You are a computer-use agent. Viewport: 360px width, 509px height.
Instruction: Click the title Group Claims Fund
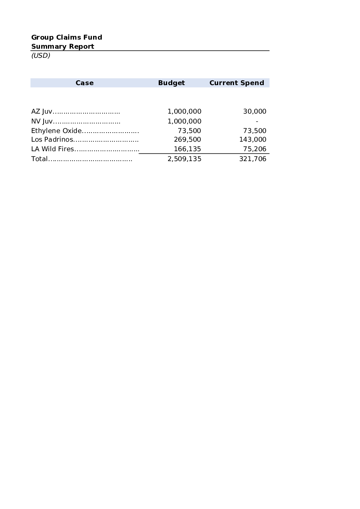(67, 37)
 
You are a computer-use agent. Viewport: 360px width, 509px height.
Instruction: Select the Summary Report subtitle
(63, 46)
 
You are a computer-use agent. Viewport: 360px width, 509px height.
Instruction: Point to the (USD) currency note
(41, 55)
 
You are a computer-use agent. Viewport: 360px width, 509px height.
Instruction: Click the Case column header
(84, 83)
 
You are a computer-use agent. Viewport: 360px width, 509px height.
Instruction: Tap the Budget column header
(171, 83)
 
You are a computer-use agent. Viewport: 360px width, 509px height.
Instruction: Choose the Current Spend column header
(236, 83)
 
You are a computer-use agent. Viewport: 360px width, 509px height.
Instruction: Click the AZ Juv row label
(42, 112)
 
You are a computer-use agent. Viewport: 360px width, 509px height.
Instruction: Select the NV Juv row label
(42, 122)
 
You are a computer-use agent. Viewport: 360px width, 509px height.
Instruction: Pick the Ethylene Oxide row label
(56, 131)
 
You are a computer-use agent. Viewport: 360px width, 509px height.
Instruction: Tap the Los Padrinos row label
(52, 139)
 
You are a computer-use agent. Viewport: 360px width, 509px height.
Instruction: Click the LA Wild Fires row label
(52, 149)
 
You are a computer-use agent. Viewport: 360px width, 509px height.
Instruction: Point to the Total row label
(39, 159)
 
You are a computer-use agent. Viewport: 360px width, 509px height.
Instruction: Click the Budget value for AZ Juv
(184, 112)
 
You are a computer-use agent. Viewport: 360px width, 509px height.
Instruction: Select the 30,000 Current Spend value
(254, 112)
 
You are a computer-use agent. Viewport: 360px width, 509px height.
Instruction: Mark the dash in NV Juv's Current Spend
(257, 122)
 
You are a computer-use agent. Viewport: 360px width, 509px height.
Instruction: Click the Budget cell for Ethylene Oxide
(189, 131)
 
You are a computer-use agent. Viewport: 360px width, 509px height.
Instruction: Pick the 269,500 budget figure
(187, 139)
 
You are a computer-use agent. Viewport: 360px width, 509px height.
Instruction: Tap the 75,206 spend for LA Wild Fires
(254, 149)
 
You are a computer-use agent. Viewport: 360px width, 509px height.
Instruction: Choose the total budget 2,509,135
(184, 159)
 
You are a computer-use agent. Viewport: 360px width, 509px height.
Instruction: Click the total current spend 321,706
(253, 159)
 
